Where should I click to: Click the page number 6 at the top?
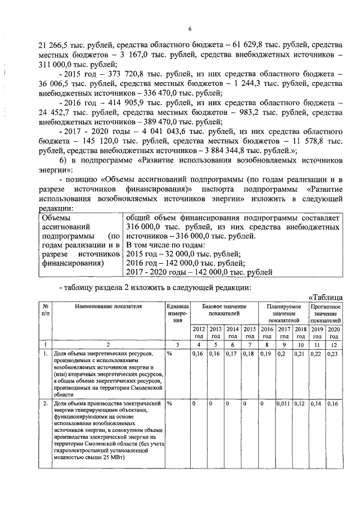click(190, 29)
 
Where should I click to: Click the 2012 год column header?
click(199, 332)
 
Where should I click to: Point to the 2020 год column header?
click(334, 332)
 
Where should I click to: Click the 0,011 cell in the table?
click(285, 404)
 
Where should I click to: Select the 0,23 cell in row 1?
click(333, 354)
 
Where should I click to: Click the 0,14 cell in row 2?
click(317, 404)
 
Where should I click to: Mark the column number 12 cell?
click(334, 344)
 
